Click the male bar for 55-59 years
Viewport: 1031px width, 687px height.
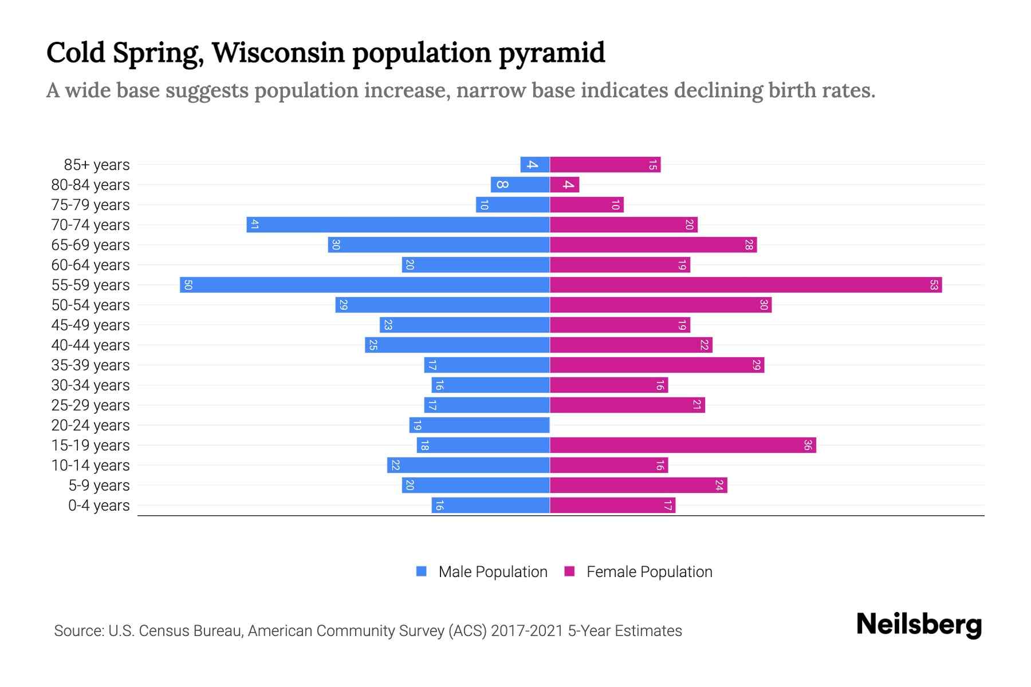tap(364, 285)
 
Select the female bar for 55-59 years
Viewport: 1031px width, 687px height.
tap(746, 285)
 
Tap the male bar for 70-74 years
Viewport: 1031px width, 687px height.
tap(398, 224)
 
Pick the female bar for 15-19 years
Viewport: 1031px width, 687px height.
tap(683, 445)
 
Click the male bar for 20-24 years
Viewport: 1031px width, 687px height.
tap(479, 425)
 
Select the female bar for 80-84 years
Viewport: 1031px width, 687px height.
tap(565, 184)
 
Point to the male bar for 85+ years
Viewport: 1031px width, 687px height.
tap(535, 164)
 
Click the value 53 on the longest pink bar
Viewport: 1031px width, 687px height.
tap(934, 285)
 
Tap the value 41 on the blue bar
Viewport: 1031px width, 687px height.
tap(255, 224)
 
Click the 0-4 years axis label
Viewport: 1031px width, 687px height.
tap(99, 506)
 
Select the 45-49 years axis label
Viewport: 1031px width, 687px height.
tap(90, 325)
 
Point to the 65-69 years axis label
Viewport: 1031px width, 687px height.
tap(90, 245)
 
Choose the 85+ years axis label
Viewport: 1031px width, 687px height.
tap(97, 165)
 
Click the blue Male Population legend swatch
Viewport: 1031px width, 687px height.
tap(422, 571)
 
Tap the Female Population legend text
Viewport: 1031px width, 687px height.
tap(649, 572)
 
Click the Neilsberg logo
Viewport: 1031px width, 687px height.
tap(919, 625)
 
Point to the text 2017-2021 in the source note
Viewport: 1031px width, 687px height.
tap(527, 631)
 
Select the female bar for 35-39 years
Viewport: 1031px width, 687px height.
tap(657, 365)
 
